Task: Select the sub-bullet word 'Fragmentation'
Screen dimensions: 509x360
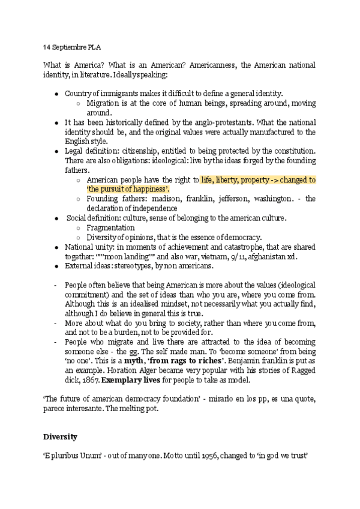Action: coord(110,227)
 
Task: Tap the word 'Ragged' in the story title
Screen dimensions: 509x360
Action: coord(303,370)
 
